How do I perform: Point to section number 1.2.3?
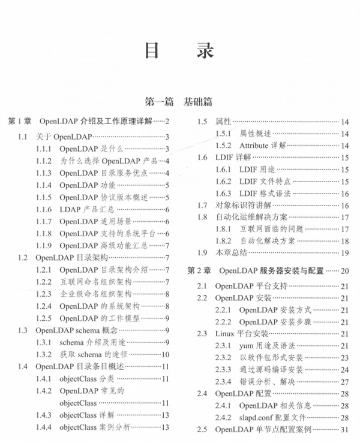point(43,294)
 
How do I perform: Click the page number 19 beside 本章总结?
point(345,252)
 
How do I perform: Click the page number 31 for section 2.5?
point(345,430)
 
